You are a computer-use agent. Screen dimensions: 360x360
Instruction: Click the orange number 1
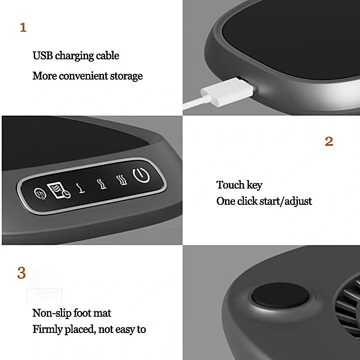[23, 28]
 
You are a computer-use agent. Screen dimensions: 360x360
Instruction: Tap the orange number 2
[329, 142]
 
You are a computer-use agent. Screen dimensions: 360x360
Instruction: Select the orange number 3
[22, 273]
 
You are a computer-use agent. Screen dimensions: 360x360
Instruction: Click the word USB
[43, 56]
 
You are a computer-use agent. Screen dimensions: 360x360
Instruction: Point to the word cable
[107, 56]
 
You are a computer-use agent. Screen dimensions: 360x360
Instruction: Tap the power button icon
[141, 175]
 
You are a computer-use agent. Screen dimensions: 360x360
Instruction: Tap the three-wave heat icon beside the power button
[121, 180]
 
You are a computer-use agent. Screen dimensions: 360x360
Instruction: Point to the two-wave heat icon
[102, 184]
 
